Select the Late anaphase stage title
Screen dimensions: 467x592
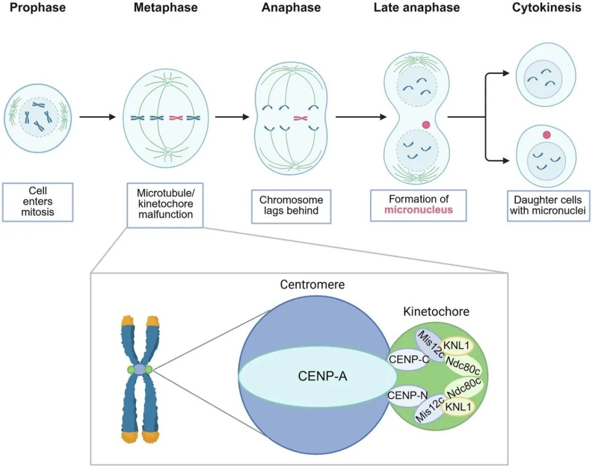pos(417,8)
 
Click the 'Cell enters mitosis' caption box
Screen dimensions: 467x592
pos(38,201)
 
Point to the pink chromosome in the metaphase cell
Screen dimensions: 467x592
pos(177,117)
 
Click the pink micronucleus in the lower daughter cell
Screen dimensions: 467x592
pos(546,134)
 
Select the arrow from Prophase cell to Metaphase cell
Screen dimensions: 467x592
pos(98,117)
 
